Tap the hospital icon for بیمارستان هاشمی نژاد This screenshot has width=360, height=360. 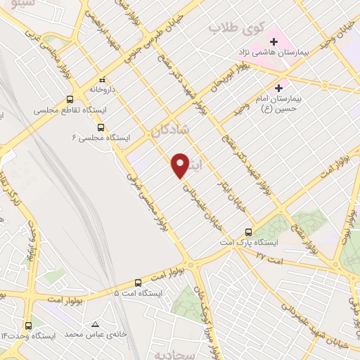point(274,43)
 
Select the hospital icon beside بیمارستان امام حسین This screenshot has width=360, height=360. point(280,89)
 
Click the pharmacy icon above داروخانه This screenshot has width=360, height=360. point(102,79)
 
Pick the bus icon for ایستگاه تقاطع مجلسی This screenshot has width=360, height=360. point(70,99)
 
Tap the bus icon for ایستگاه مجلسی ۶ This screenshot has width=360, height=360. point(101,128)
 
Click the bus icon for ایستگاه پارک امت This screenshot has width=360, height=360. point(248,231)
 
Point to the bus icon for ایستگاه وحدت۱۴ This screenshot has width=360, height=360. point(29,326)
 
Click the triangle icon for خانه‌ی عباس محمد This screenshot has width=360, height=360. point(95,323)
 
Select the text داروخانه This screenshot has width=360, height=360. point(102,90)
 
